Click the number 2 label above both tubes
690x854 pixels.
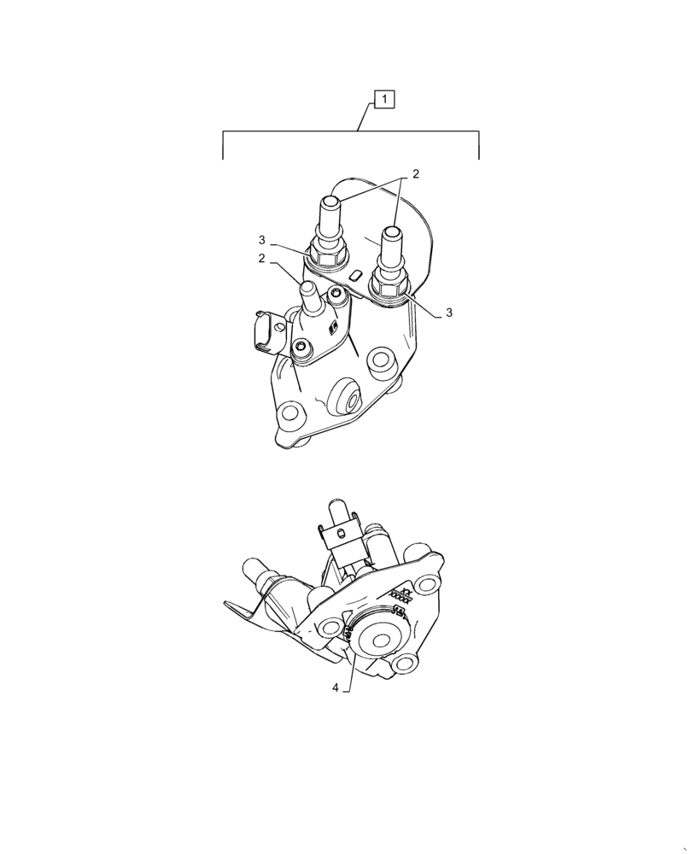416,174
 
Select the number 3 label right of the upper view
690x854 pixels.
448,313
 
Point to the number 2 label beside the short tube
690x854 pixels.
262,258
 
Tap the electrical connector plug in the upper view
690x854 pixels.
265,334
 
